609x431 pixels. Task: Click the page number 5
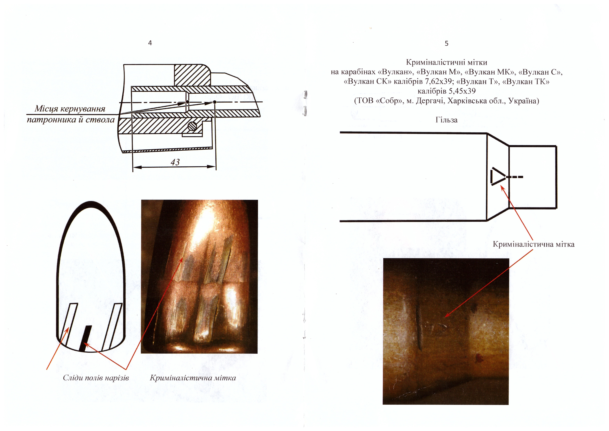(x=446, y=44)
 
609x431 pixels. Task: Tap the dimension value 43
(x=175, y=162)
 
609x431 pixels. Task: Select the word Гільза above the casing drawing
(x=446, y=120)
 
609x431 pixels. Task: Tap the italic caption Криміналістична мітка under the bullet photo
(x=193, y=378)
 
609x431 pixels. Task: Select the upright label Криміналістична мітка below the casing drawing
(x=533, y=244)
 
